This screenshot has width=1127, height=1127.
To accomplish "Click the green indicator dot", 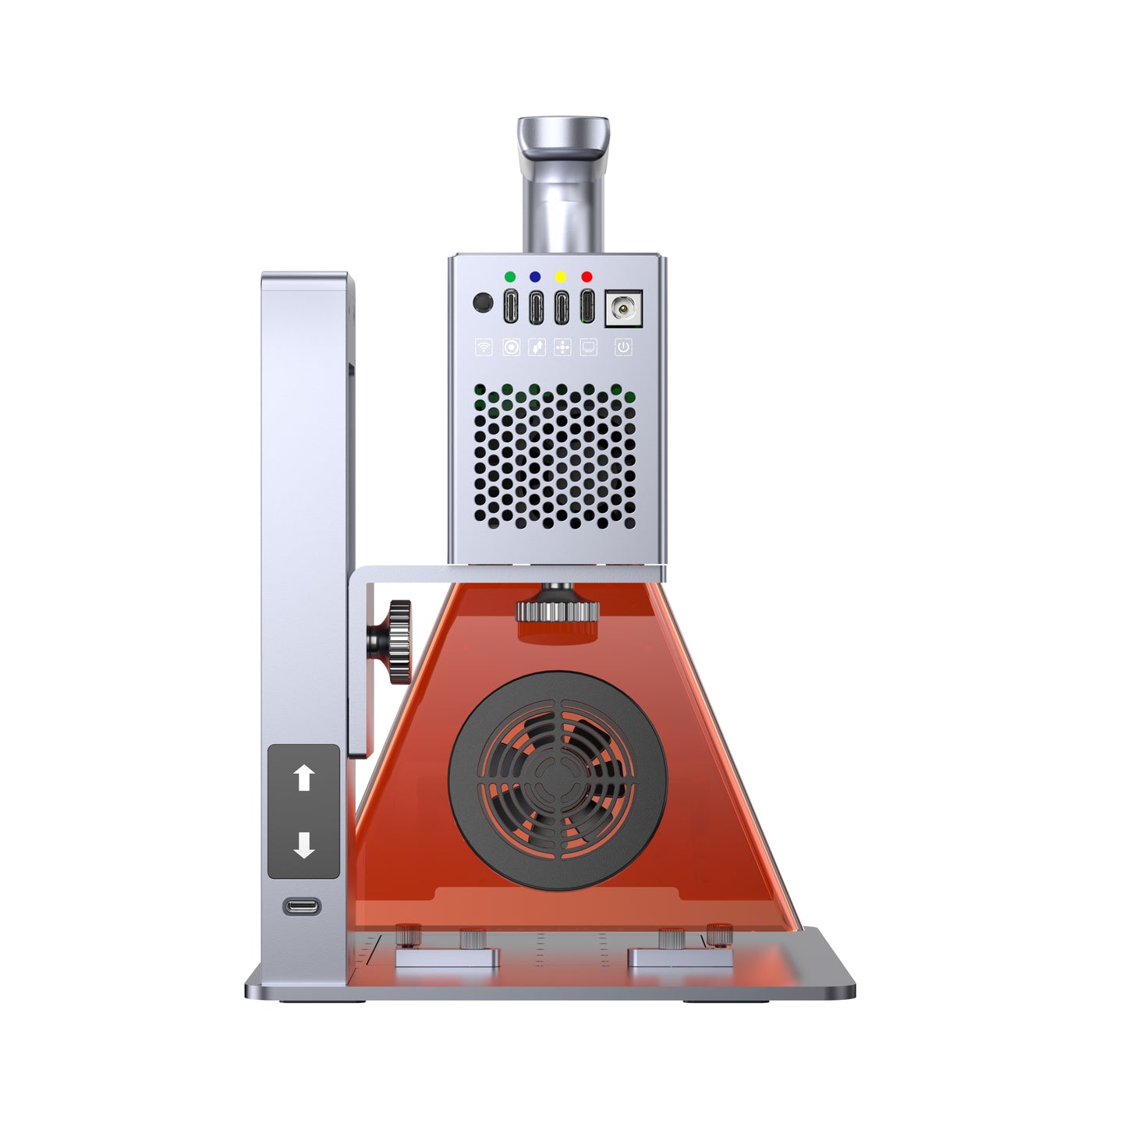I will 509,277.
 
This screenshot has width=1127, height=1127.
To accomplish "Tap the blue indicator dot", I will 535,277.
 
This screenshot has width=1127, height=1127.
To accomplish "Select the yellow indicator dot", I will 560,277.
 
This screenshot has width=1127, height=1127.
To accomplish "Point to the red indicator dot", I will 587,277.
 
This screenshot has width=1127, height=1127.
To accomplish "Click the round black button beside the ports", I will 483,303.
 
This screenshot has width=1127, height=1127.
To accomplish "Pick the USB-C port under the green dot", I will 510,306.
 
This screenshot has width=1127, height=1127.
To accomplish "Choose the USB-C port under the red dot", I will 587,306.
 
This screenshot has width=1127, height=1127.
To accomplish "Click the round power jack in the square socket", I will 623,308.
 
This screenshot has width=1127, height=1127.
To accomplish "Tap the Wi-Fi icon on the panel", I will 484,347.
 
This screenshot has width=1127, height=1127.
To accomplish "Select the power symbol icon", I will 623,347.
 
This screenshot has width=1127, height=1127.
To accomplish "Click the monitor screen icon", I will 589,347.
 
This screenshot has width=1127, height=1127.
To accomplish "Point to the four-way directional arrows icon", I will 562,347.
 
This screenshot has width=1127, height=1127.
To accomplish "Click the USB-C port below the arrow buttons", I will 302,906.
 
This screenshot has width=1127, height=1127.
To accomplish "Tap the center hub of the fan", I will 558,781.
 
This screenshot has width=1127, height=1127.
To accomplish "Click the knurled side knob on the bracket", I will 399,643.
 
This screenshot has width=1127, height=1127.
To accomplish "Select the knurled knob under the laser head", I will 557,610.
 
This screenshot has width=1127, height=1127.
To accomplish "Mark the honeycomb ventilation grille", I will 555,456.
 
